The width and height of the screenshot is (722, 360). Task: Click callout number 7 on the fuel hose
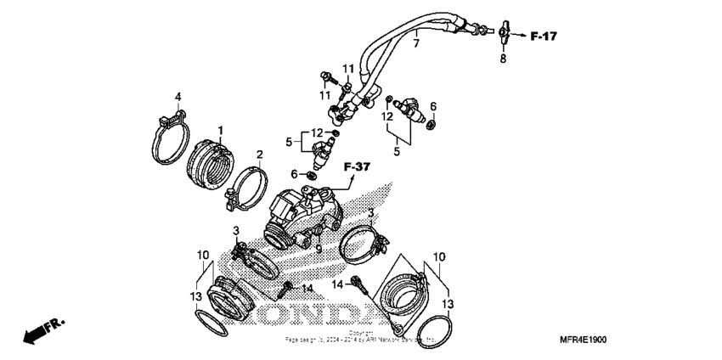416,42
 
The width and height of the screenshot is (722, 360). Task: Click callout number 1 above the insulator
218,130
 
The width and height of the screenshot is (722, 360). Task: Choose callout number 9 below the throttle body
319,250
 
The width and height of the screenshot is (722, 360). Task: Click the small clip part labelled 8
503,34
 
